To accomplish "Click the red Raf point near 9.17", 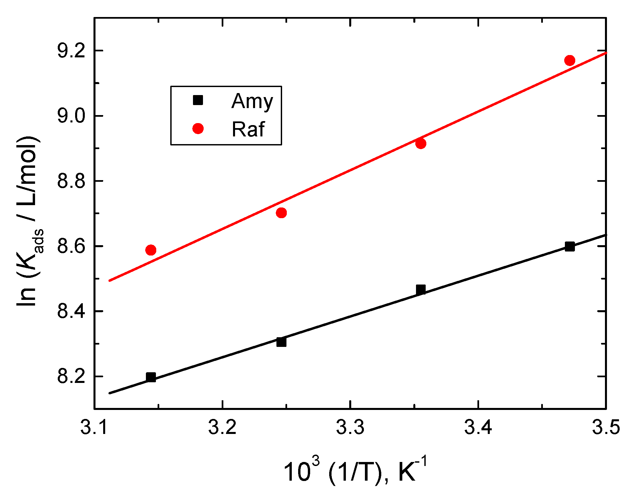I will pyautogui.click(x=570, y=60).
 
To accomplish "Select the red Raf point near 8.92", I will pyautogui.click(x=421, y=143).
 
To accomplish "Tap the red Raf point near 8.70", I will pyautogui.click(x=281, y=213).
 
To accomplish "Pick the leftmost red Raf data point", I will pyautogui.click(x=151, y=250).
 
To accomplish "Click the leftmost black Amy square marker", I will pyautogui.click(x=151, y=377).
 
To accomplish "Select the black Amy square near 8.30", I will pyautogui.click(x=281, y=342).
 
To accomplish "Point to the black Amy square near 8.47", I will pyautogui.click(x=421, y=289).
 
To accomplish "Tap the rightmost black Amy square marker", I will pyautogui.click(x=570, y=246).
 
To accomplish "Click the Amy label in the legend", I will pyautogui.click(x=252, y=101).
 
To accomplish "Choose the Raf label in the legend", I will pyautogui.click(x=248, y=129).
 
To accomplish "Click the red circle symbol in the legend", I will pyautogui.click(x=198, y=128).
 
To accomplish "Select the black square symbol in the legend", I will pyautogui.click(x=198, y=100).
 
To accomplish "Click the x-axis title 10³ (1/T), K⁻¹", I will pyautogui.click(x=355, y=470).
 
